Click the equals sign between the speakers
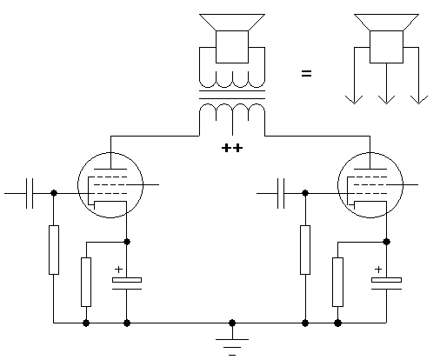tap(306, 74)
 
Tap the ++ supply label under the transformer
tap(232, 148)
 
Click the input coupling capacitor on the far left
tap(30, 193)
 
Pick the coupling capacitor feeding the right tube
tap(281, 193)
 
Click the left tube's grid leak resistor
tap(54, 250)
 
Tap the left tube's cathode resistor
tap(86, 282)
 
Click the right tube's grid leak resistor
tap(305, 250)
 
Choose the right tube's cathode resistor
tap(337, 282)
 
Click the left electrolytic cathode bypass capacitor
tap(127, 283)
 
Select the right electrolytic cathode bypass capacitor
tap(386, 283)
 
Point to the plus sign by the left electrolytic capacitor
tap(118, 270)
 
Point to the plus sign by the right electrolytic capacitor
tap(378, 270)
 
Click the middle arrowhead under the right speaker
tap(386, 100)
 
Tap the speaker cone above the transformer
tap(232, 22)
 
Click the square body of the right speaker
tap(386, 47)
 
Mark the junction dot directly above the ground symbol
tap(232, 323)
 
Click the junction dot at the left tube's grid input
tap(54, 193)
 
